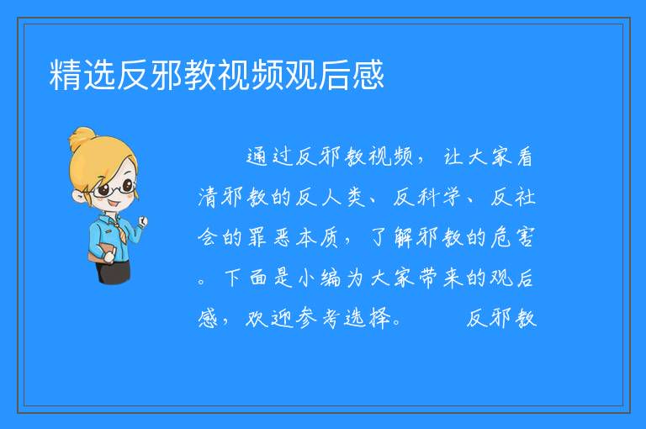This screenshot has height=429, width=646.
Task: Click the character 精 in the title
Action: pyautogui.click(x=66, y=75)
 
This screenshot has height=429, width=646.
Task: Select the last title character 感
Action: pyautogui.click(x=368, y=75)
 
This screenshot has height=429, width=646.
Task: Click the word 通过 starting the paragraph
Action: pyautogui.click(x=269, y=156)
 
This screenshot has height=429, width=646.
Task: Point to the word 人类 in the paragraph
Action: pyautogui.click(x=343, y=197)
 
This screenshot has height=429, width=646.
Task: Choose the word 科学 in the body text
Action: pyautogui.click(x=439, y=197)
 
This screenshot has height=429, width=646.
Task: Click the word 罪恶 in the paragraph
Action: pyautogui.click(x=269, y=237)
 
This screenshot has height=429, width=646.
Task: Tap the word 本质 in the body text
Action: pyautogui.click(x=318, y=237)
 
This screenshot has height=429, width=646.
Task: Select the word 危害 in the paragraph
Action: pyautogui.click(x=512, y=237)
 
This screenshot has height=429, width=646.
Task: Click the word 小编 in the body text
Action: pyautogui.click(x=318, y=278)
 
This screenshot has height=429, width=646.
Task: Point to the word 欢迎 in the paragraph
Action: pyautogui.click(x=269, y=318)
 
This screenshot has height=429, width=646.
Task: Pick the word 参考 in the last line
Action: pyautogui.click(x=318, y=318)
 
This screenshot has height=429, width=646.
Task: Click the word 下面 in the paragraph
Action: pyautogui.click(x=246, y=278)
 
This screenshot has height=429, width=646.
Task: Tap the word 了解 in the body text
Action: pyautogui.click(x=390, y=237)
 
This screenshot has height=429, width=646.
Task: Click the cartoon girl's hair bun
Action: pyautogui.click(x=82, y=138)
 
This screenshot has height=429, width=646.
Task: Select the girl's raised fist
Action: pyautogui.click(x=142, y=221)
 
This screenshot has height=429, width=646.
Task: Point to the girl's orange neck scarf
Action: pyautogui.click(x=119, y=230)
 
